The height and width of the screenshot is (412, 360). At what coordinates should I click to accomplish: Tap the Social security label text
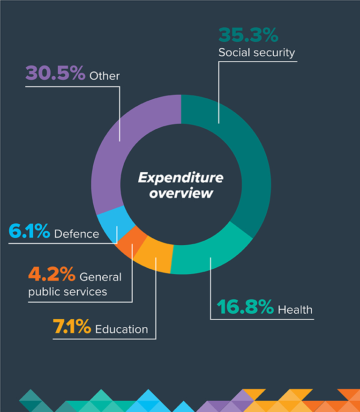coord(256,52)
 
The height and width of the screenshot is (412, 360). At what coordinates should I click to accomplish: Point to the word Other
coord(105,75)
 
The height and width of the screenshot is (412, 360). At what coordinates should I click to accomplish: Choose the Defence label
coord(76,234)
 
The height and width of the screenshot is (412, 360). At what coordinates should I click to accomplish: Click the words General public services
coord(75,284)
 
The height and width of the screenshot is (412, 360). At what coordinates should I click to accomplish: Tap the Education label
coord(121,329)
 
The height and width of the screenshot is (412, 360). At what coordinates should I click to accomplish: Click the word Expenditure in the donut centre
coord(180,178)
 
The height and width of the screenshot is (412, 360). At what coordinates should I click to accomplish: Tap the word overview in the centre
coord(181,193)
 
